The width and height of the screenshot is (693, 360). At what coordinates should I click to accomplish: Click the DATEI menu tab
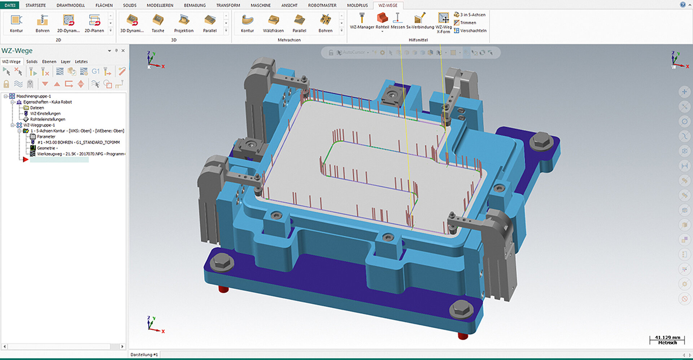(10, 5)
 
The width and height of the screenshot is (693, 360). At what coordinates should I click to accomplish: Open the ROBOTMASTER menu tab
(322, 5)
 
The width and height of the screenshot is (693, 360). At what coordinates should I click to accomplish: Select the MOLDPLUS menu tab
(357, 5)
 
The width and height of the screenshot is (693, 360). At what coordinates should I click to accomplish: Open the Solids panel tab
(32, 62)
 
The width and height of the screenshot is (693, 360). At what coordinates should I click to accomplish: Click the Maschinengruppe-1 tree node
(34, 96)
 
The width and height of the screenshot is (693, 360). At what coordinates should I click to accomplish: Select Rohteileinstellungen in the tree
(47, 119)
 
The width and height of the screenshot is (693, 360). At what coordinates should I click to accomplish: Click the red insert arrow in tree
(25, 159)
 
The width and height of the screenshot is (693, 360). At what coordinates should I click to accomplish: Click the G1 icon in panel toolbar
(95, 71)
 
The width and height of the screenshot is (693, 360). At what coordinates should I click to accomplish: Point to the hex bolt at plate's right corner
(541, 140)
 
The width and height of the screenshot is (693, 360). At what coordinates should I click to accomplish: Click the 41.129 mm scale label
(667, 338)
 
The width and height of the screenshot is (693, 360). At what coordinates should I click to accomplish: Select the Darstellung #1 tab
(144, 355)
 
